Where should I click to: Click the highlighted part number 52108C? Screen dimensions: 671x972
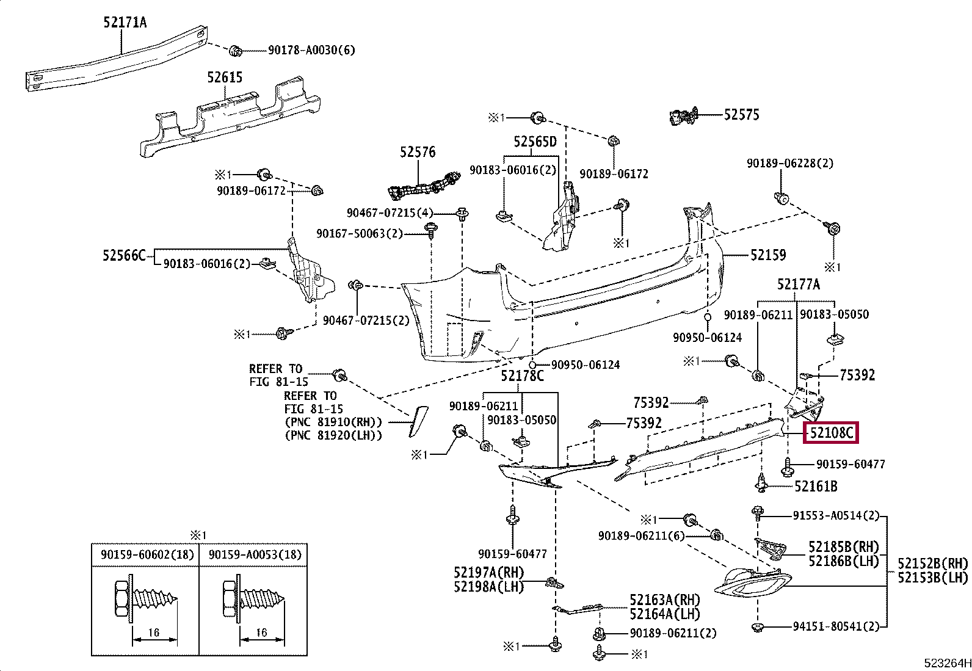point(831,433)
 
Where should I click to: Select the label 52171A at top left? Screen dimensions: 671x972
point(125,23)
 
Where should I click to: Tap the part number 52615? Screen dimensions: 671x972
point(224,78)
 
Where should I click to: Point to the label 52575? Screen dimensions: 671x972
point(741,115)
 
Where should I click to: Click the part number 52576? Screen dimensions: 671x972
point(418,152)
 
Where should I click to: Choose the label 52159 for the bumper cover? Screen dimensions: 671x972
point(767,255)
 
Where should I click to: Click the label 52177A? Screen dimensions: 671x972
point(798,285)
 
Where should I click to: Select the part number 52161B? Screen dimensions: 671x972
point(816,487)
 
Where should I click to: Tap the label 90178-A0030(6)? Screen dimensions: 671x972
point(311,50)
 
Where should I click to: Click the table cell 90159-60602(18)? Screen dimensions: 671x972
point(147,554)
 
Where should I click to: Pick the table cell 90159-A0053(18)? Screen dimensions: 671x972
point(255,554)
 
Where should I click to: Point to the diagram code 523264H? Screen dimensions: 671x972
point(947,663)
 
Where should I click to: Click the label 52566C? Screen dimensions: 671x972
point(124,255)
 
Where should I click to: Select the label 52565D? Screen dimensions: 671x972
point(535,142)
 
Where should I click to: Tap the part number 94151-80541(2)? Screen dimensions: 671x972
point(836,626)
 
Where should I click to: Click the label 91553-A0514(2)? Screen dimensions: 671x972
point(836,516)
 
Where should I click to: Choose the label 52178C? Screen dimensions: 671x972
point(522,376)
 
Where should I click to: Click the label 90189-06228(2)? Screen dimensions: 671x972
point(789,164)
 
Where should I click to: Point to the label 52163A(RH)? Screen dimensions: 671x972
point(664,600)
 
